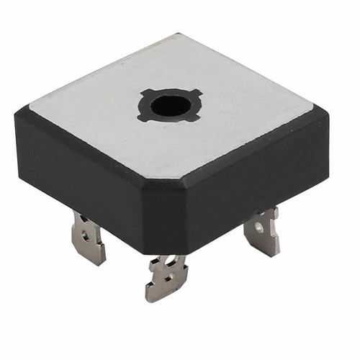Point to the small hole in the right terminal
(259, 229)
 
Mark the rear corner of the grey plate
(181, 36)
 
